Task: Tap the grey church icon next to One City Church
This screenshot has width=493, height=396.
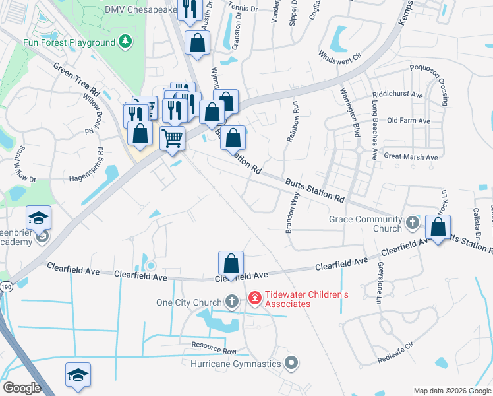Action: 231,302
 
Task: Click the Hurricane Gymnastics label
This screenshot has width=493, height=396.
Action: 236,364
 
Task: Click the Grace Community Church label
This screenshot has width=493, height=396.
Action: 365,224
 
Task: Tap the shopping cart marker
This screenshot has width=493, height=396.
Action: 172,139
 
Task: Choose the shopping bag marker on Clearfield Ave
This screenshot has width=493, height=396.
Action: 231,263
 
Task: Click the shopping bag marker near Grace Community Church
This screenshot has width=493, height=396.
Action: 438,228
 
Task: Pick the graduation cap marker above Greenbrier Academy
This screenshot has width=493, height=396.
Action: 39,217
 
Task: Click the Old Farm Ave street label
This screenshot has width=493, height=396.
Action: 409,121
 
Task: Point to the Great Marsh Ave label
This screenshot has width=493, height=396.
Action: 411,157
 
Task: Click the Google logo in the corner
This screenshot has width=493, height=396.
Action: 22,387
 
